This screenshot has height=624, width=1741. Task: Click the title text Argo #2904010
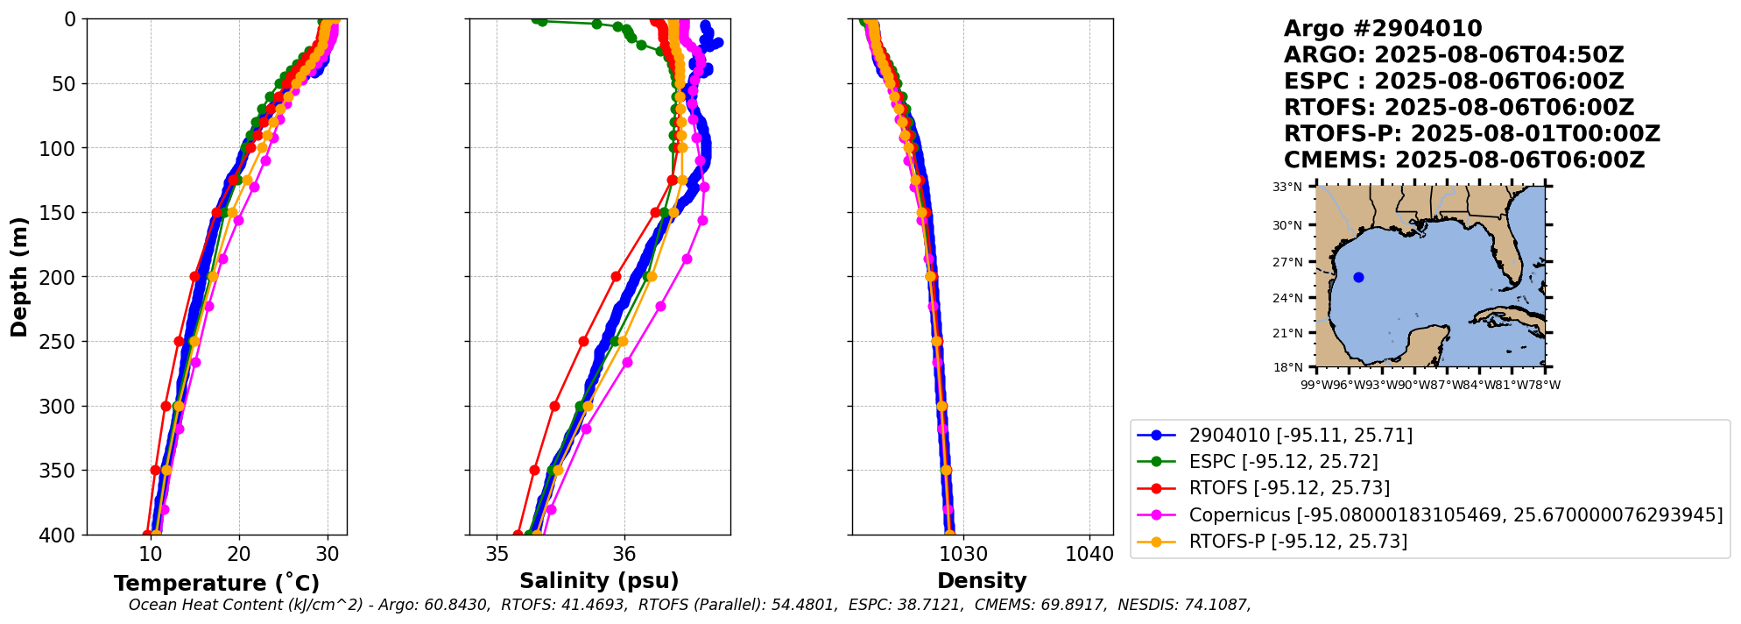[1382, 29]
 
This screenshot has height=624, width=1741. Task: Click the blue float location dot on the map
[1358, 278]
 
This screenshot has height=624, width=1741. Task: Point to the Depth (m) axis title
[19, 277]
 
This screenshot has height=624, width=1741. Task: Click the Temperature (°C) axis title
[216, 584]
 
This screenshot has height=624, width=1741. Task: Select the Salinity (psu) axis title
[599, 581]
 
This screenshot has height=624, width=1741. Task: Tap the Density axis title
[982, 581]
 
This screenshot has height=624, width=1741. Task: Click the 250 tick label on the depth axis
[58, 342]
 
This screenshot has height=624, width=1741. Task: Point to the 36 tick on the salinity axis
[624, 554]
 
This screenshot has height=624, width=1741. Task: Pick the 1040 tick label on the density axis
[1089, 554]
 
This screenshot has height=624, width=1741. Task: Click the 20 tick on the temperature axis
[239, 554]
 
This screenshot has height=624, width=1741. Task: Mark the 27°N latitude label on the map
[1287, 262]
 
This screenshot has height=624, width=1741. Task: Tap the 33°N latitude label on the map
[1287, 187]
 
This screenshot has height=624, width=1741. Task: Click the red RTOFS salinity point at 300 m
[554, 406]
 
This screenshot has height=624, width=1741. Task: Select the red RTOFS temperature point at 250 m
[179, 342]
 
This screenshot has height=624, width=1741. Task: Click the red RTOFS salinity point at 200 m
[616, 276]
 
